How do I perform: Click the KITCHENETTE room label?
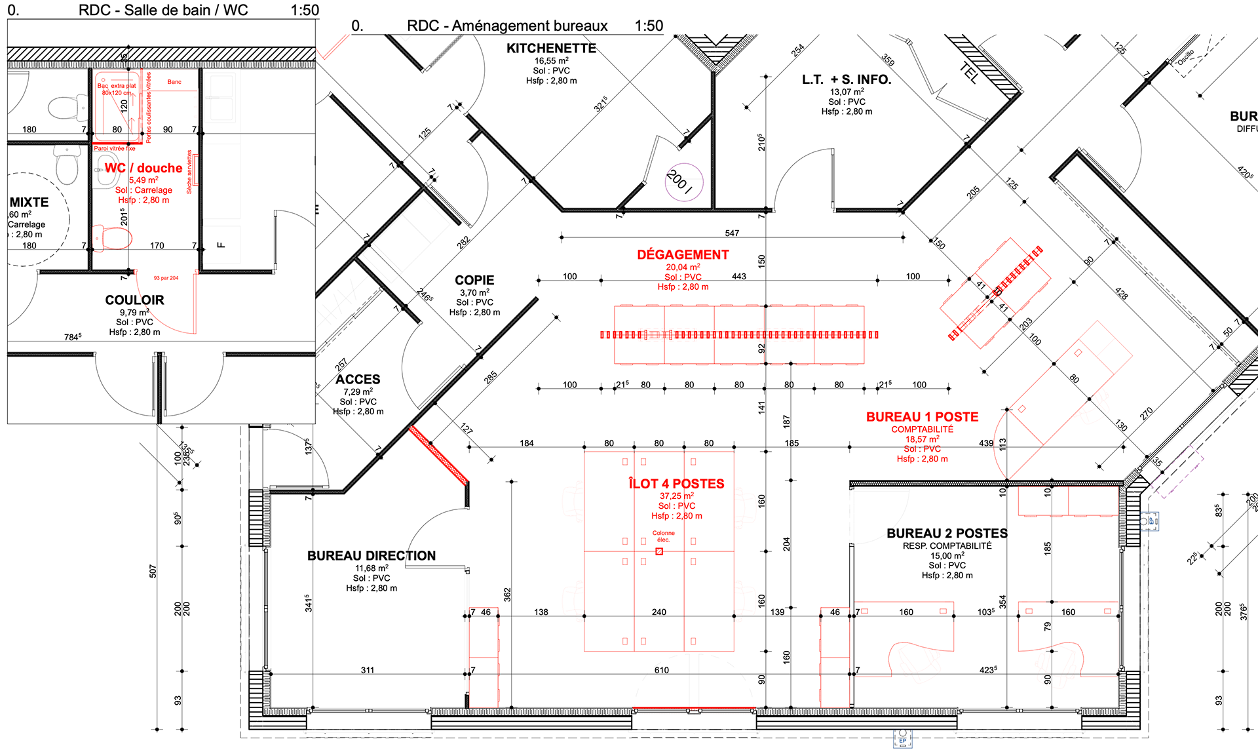551,49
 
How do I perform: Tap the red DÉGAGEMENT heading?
683,255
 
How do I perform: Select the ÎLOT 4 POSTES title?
676,484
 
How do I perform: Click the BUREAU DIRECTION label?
372,556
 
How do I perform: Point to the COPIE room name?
474,281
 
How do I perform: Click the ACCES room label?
358,380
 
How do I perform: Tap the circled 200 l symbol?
683,182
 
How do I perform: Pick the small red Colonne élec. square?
659,551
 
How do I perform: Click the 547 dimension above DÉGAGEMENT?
732,233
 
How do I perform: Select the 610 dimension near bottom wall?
661,670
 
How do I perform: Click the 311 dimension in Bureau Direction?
368,670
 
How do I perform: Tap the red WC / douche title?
143,168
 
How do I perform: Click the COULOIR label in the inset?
134,300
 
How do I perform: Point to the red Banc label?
174,82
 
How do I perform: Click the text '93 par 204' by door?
166,278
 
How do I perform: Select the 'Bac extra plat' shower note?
117,86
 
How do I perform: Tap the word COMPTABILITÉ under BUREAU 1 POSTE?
922,429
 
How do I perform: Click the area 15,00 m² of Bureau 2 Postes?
947,555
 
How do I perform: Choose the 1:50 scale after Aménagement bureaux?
649,26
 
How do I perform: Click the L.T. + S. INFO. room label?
847,80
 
